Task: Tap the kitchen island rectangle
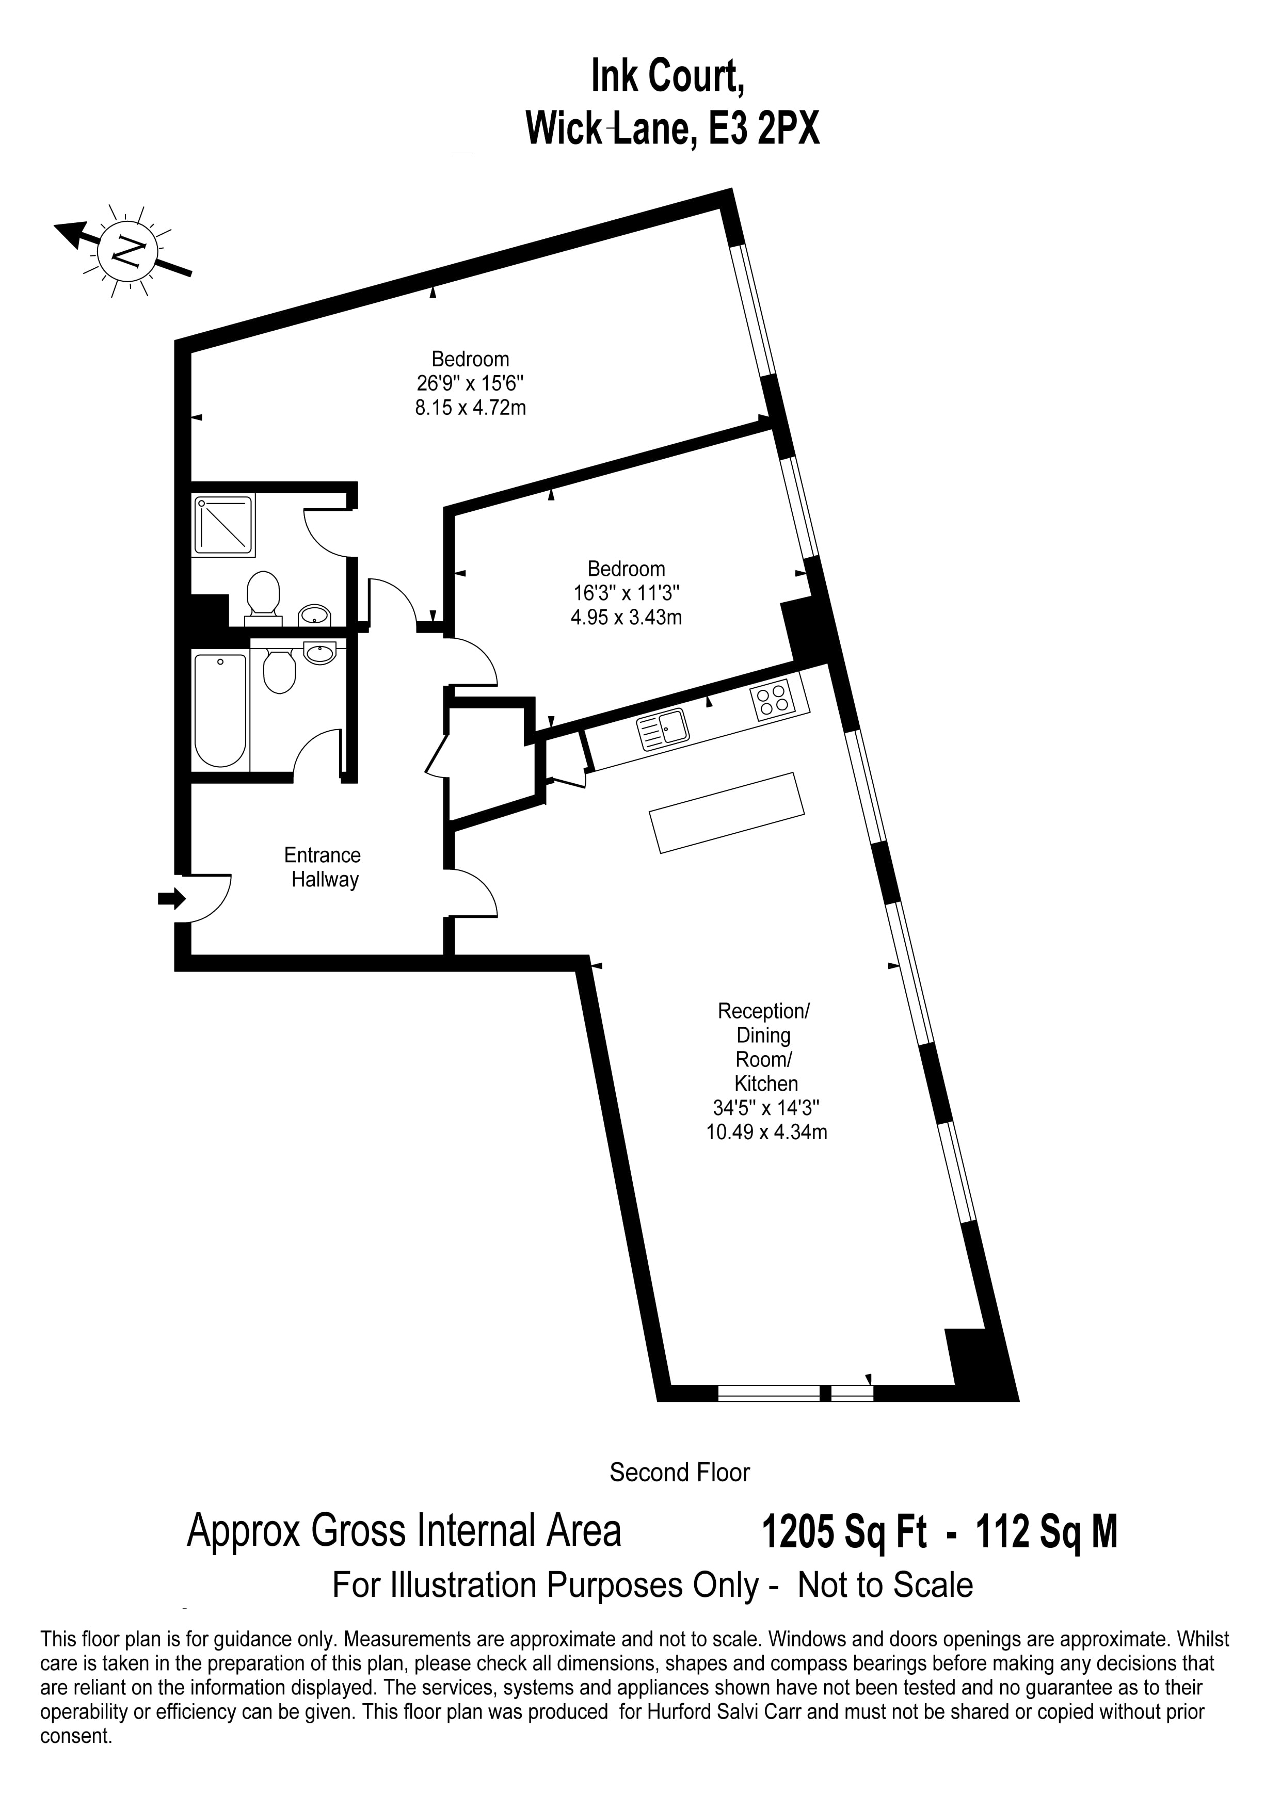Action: pyautogui.click(x=727, y=813)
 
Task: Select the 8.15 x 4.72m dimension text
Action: pyautogui.click(x=471, y=408)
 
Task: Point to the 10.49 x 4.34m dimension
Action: pyautogui.click(x=767, y=1133)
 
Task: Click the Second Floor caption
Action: pyautogui.click(x=680, y=1473)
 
